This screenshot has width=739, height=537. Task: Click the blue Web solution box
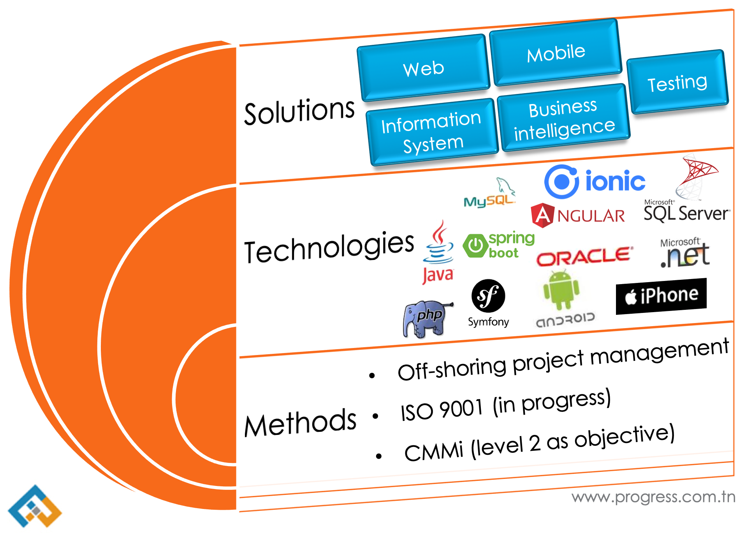(x=424, y=69)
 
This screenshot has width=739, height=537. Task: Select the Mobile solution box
(x=556, y=53)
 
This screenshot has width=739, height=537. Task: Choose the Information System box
(x=432, y=132)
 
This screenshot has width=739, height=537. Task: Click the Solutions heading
(x=299, y=112)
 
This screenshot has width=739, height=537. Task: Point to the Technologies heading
(x=329, y=247)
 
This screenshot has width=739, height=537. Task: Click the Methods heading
(x=300, y=423)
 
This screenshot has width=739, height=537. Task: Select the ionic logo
(x=594, y=182)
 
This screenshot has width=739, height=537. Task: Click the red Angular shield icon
(x=542, y=215)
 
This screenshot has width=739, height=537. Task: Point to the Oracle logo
(x=584, y=256)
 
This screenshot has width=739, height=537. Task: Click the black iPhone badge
(x=661, y=296)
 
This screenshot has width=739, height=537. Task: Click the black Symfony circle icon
(x=488, y=296)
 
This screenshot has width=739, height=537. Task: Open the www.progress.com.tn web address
(x=653, y=497)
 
